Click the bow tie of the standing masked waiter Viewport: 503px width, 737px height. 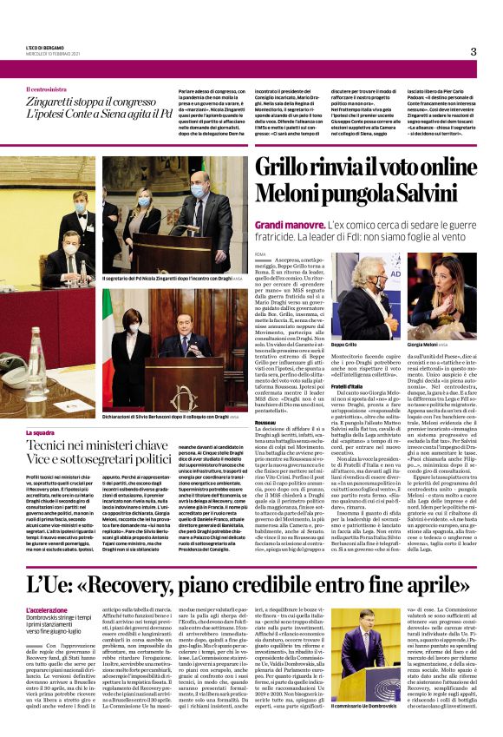(x=80, y=216)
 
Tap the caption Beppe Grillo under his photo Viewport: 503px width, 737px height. (x=344, y=345)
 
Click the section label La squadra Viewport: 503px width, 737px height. (x=40, y=432)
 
